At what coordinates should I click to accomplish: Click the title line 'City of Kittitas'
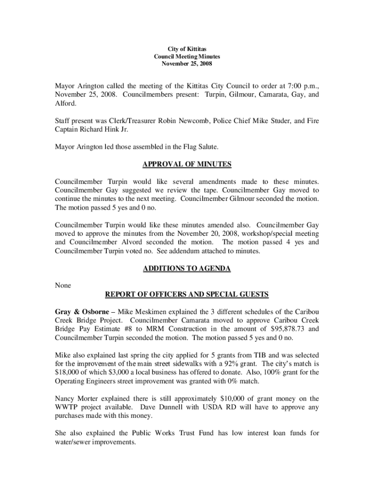click(x=187, y=50)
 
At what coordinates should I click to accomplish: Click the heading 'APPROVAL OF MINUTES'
click(x=187, y=164)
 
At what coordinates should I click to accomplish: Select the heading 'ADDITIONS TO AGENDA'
click(x=187, y=268)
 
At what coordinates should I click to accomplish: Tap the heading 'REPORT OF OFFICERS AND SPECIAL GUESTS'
click(x=187, y=295)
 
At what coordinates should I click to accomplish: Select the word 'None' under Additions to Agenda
click(x=63, y=285)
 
